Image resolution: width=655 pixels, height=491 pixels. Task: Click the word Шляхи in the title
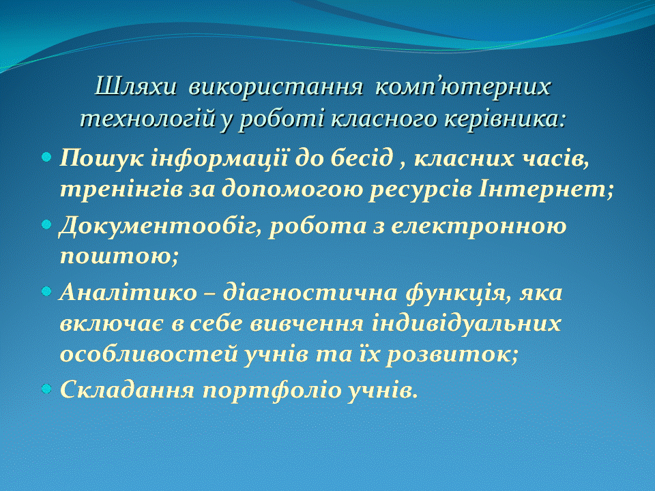pyautogui.click(x=135, y=87)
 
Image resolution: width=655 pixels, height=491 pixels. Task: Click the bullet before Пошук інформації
pyautogui.click(x=46, y=158)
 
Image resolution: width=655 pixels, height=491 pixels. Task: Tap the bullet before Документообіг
pyautogui.click(x=46, y=224)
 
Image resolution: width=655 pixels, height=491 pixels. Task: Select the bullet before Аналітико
pyautogui.click(x=46, y=291)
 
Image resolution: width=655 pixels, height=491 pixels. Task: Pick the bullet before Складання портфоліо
pyautogui.click(x=46, y=389)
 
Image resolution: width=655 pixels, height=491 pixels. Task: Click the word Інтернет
pyautogui.click(x=545, y=189)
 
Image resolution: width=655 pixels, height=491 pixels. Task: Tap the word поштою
pyautogui.click(x=119, y=256)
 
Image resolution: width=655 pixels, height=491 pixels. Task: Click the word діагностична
pyautogui.click(x=310, y=292)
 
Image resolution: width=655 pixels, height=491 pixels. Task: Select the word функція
pyautogui.click(x=458, y=293)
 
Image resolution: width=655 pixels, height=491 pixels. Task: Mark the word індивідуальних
pyautogui.click(x=466, y=323)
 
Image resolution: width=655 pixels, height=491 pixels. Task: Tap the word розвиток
pyautogui.click(x=452, y=355)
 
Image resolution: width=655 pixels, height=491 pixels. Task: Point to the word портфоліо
pyautogui.click(x=272, y=390)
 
